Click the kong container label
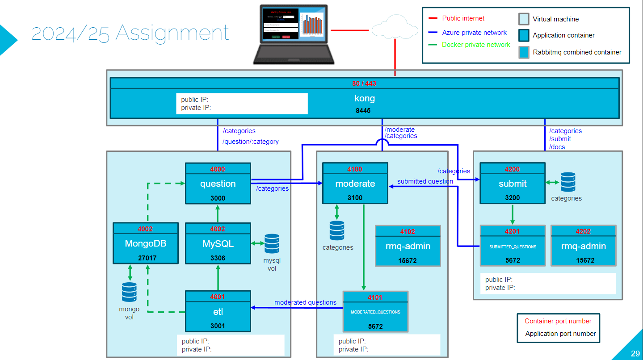click(x=364, y=99)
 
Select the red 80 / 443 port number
click(x=364, y=84)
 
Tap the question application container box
click(x=218, y=184)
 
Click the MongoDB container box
click(x=145, y=244)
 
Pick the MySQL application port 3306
click(x=218, y=258)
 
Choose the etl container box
click(x=218, y=312)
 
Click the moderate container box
click(x=355, y=184)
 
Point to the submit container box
click(x=513, y=184)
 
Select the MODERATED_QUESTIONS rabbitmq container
click(x=375, y=312)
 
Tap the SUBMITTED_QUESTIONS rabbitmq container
click(x=513, y=246)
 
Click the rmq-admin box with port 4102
click(x=408, y=246)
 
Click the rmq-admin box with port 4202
click(x=583, y=246)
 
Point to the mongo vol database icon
click(x=129, y=293)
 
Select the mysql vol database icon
click(x=272, y=244)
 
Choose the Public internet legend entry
click(x=463, y=18)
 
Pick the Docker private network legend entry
click(x=475, y=45)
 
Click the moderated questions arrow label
click(x=305, y=302)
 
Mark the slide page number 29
click(x=635, y=354)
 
